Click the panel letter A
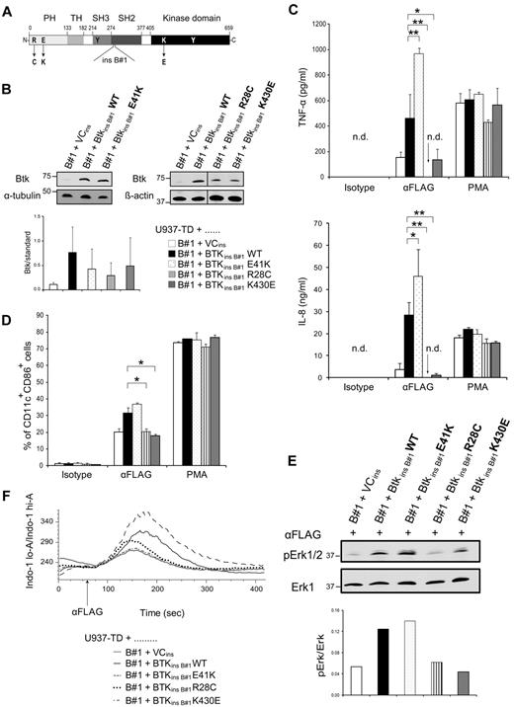9,9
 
